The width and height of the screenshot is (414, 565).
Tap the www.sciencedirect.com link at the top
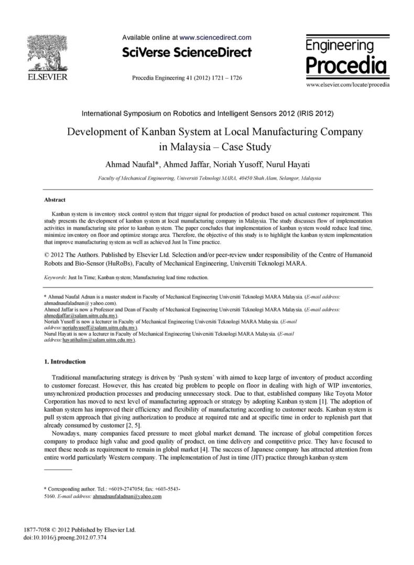pos(215,38)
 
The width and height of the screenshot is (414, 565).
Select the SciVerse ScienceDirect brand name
pos(187,52)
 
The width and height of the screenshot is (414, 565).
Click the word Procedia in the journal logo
pos(346,65)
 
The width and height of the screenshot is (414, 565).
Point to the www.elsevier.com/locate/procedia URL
pos(347,84)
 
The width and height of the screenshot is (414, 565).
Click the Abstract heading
pos(56,200)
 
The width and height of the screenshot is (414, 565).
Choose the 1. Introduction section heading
pos(65,362)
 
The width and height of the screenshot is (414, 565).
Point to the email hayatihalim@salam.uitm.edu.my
pos(99,340)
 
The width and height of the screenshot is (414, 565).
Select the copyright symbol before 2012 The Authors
pos(48,255)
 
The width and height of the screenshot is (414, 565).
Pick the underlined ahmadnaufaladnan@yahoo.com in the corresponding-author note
pos(127,496)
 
